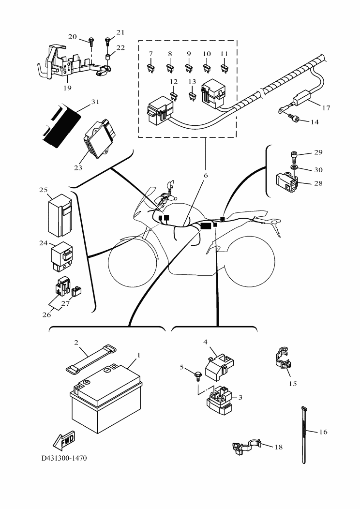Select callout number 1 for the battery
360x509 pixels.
(x=138, y=355)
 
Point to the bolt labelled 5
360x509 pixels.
(x=197, y=374)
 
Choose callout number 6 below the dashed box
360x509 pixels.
(x=205, y=176)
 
